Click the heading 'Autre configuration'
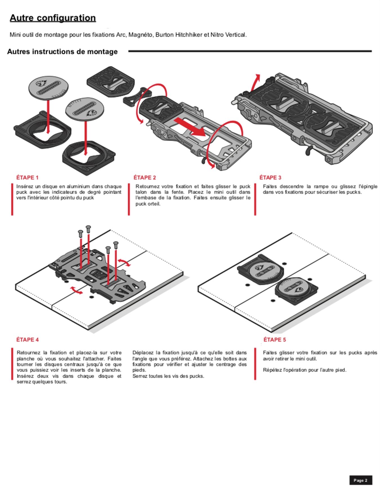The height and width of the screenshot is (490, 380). pyautogui.click(x=53, y=18)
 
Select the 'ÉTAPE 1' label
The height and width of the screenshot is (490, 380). pyautogui.click(x=27, y=178)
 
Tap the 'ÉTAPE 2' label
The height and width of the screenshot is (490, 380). pyautogui.click(x=145, y=178)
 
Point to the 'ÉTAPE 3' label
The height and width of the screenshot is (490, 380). pyautogui.click(x=270, y=178)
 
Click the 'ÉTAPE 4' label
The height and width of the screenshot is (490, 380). pyautogui.click(x=27, y=340)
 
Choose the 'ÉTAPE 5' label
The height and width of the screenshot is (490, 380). pyautogui.click(x=274, y=340)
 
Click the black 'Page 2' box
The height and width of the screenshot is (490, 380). pyautogui.click(x=361, y=480)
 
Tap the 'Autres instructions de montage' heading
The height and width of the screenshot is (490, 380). pyautogui.click(x=62, y=52)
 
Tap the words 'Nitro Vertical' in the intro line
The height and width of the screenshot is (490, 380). pyautogui.click(x=228, y=35)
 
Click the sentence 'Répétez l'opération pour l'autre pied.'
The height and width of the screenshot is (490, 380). pyautogui.click(x=305, y=370)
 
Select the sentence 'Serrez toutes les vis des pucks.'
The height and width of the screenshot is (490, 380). pyautogui.click(x=168, y=376)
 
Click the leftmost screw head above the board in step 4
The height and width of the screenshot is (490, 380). pyautogui.click(x=80, y=232)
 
